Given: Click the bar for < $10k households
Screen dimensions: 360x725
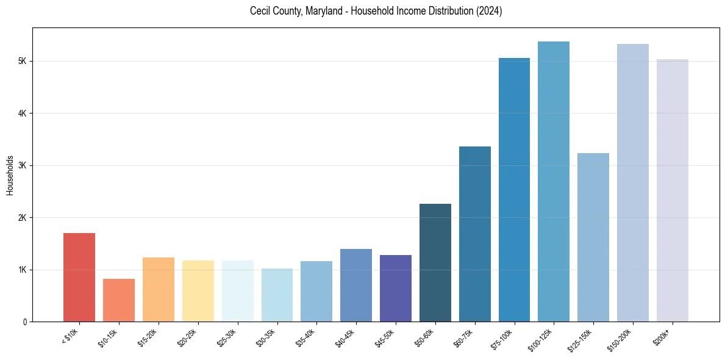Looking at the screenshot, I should (79, 278).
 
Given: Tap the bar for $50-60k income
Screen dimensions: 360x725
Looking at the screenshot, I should (435, 263).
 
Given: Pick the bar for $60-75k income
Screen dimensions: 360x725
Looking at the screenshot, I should (475, 234).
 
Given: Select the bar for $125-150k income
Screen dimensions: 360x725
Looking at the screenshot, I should (593, 237).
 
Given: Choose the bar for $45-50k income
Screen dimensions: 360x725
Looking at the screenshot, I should (396, 289).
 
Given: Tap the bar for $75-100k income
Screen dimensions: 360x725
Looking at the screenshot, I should (514, 190).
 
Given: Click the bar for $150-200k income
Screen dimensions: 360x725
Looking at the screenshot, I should (633, 183).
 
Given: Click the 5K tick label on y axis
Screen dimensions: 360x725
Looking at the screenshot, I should (23, 62).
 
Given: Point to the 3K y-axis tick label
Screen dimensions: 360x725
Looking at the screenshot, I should (23, 166).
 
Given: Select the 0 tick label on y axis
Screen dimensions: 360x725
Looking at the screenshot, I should (25, 322).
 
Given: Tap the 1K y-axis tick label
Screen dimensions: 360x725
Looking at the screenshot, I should (23, 270).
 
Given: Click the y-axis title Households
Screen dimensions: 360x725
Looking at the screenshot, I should (10, 175).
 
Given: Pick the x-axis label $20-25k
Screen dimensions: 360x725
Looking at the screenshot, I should (188, 337).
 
